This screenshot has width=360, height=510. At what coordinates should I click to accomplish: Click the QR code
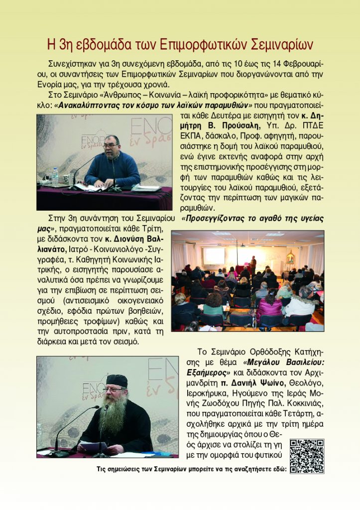[307, 456]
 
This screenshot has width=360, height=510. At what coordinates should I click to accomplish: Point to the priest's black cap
[117, 381]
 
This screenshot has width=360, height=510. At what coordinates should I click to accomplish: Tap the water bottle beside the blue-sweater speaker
[55, 177]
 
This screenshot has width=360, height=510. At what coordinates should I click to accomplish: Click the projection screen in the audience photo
[215, 255]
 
